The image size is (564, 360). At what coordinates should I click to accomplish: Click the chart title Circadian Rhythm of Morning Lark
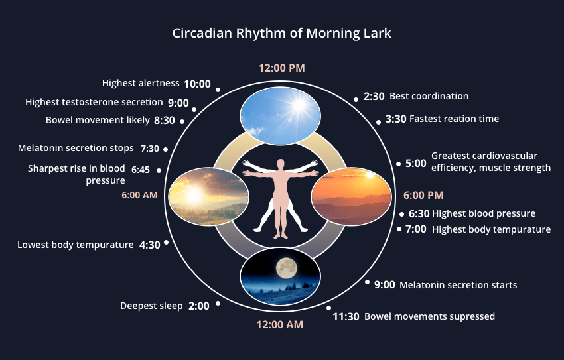pyautogui.click(x=281, y=32)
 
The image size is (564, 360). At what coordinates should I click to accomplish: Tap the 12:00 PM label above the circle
pyautogui.click(x=281, y=68)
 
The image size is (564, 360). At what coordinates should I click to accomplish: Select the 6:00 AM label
pyautogui.click(x=140, y=195)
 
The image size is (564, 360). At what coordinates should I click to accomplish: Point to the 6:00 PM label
pyautogui.click(x=423, y=195)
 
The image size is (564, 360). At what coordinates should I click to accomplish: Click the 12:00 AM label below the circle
pyautogui.click(x=280, y=324)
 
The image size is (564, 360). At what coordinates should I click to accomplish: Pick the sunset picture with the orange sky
pyautogui.click(x=352, y=195)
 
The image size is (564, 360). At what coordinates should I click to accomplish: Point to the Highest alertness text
pyautogui.click(x=141, y=83)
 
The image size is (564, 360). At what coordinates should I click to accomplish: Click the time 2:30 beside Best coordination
pyautogui.click(x=374, y=96)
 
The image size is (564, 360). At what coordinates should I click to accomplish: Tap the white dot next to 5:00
pyautogui.click(x=398, y=164)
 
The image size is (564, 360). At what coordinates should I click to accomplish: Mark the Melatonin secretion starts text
pyautogui.click(x=458, y=285)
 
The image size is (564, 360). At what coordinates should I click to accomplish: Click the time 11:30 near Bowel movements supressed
pyautogui.click(x=346, y=316)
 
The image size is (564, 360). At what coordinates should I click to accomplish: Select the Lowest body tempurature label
pyautogui.click(x=76, y=245)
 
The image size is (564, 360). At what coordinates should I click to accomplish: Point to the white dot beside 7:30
pyautogui.click(x=165, y=149)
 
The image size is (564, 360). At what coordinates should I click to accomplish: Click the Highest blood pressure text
pyautogui.click(x=484, y=213)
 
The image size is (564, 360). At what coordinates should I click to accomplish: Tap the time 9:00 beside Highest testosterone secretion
pyautogui.click(x=178, y=103)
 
